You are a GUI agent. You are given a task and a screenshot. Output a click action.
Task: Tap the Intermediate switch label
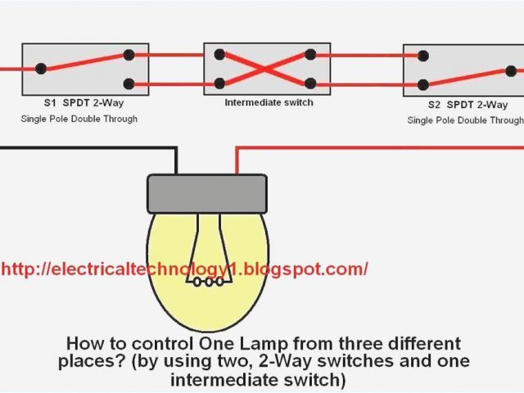[x=269, y=102]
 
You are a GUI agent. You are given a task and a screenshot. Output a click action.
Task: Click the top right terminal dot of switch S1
[x=129, y=56]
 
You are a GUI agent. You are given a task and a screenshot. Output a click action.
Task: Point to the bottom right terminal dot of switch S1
[x=129, y=83]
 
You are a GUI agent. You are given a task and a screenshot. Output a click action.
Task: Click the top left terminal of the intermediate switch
[x=219, y=56]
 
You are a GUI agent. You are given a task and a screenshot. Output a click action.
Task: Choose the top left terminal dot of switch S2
[x=422, y=56]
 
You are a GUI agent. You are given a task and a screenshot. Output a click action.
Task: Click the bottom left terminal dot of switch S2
[x=422, y=84]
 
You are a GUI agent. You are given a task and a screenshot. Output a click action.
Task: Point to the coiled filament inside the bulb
[x=206, y=283]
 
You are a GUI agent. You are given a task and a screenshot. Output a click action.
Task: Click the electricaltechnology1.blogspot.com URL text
[x=184, y=269]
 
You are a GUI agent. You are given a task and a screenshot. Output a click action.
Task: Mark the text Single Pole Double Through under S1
[x=79, y=119]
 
